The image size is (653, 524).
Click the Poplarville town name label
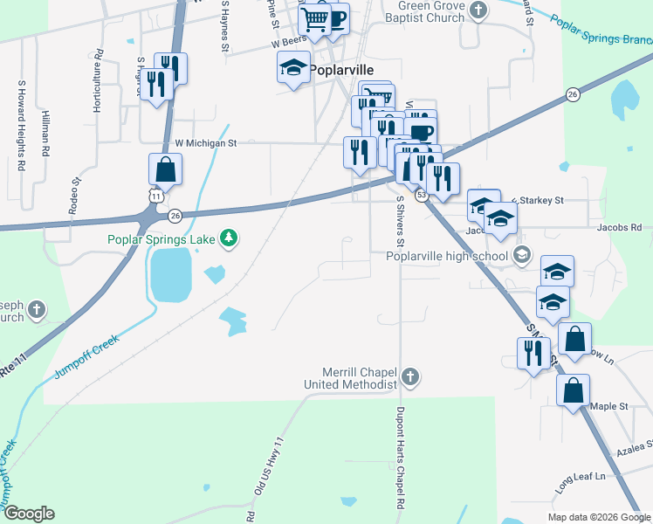[343, 70]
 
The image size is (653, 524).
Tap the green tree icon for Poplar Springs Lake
[229, 238]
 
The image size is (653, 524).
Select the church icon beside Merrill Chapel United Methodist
[410, 377]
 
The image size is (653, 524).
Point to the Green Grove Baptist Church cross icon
[477, 10]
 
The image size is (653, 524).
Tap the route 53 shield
[421, 195]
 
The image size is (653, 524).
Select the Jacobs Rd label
[619, 227]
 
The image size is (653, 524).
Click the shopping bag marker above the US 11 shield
[165, 169]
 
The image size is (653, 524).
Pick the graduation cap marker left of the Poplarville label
[293, 66]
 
